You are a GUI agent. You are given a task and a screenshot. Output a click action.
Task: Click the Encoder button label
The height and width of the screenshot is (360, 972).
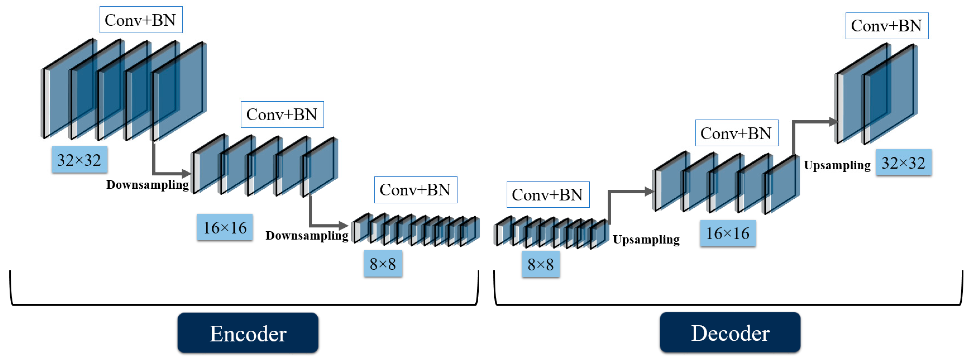pos(248,333)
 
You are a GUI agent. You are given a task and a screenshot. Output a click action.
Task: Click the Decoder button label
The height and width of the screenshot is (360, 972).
pos(730,333)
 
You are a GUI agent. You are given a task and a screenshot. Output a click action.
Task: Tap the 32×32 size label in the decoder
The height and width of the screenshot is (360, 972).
pos(903,163)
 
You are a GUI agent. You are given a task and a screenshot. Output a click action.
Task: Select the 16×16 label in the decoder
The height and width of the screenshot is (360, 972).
pos(728,233)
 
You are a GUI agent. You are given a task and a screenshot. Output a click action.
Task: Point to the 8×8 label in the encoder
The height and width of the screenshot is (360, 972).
pos(383,264)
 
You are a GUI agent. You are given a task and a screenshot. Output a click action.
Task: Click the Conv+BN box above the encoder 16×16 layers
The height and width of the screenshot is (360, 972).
pos(282,114)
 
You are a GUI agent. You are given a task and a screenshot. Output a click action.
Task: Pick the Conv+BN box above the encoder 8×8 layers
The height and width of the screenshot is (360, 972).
pos(415,190)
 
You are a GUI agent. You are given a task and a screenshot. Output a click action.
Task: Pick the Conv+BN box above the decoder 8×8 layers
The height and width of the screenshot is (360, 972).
pos(547,195)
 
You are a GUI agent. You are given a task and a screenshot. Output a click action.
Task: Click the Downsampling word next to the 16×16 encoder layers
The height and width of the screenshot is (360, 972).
pos(148,185)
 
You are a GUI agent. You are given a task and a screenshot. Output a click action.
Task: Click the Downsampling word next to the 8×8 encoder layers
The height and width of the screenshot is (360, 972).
pos(307,235)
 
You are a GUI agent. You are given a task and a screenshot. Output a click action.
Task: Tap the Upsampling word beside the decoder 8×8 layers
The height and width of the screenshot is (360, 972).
pos(646,239)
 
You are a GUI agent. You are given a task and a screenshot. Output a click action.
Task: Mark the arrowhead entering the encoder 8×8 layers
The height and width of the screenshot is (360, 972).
pos(343,226)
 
